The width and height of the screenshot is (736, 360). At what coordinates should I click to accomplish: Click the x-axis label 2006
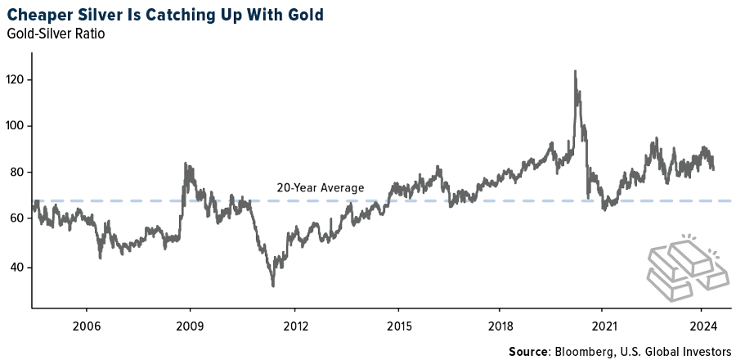86,324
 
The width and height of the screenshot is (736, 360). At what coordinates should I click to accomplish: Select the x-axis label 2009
190,324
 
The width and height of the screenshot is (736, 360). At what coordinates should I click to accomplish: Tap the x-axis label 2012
294,324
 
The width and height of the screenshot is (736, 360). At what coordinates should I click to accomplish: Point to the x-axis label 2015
398,324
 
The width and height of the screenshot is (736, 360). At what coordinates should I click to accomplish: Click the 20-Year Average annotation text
320,188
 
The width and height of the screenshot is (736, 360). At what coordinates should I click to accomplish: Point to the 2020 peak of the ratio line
575,71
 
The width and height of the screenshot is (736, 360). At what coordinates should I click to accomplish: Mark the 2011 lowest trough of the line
272,286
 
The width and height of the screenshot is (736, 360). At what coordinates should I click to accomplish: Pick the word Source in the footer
528,351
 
